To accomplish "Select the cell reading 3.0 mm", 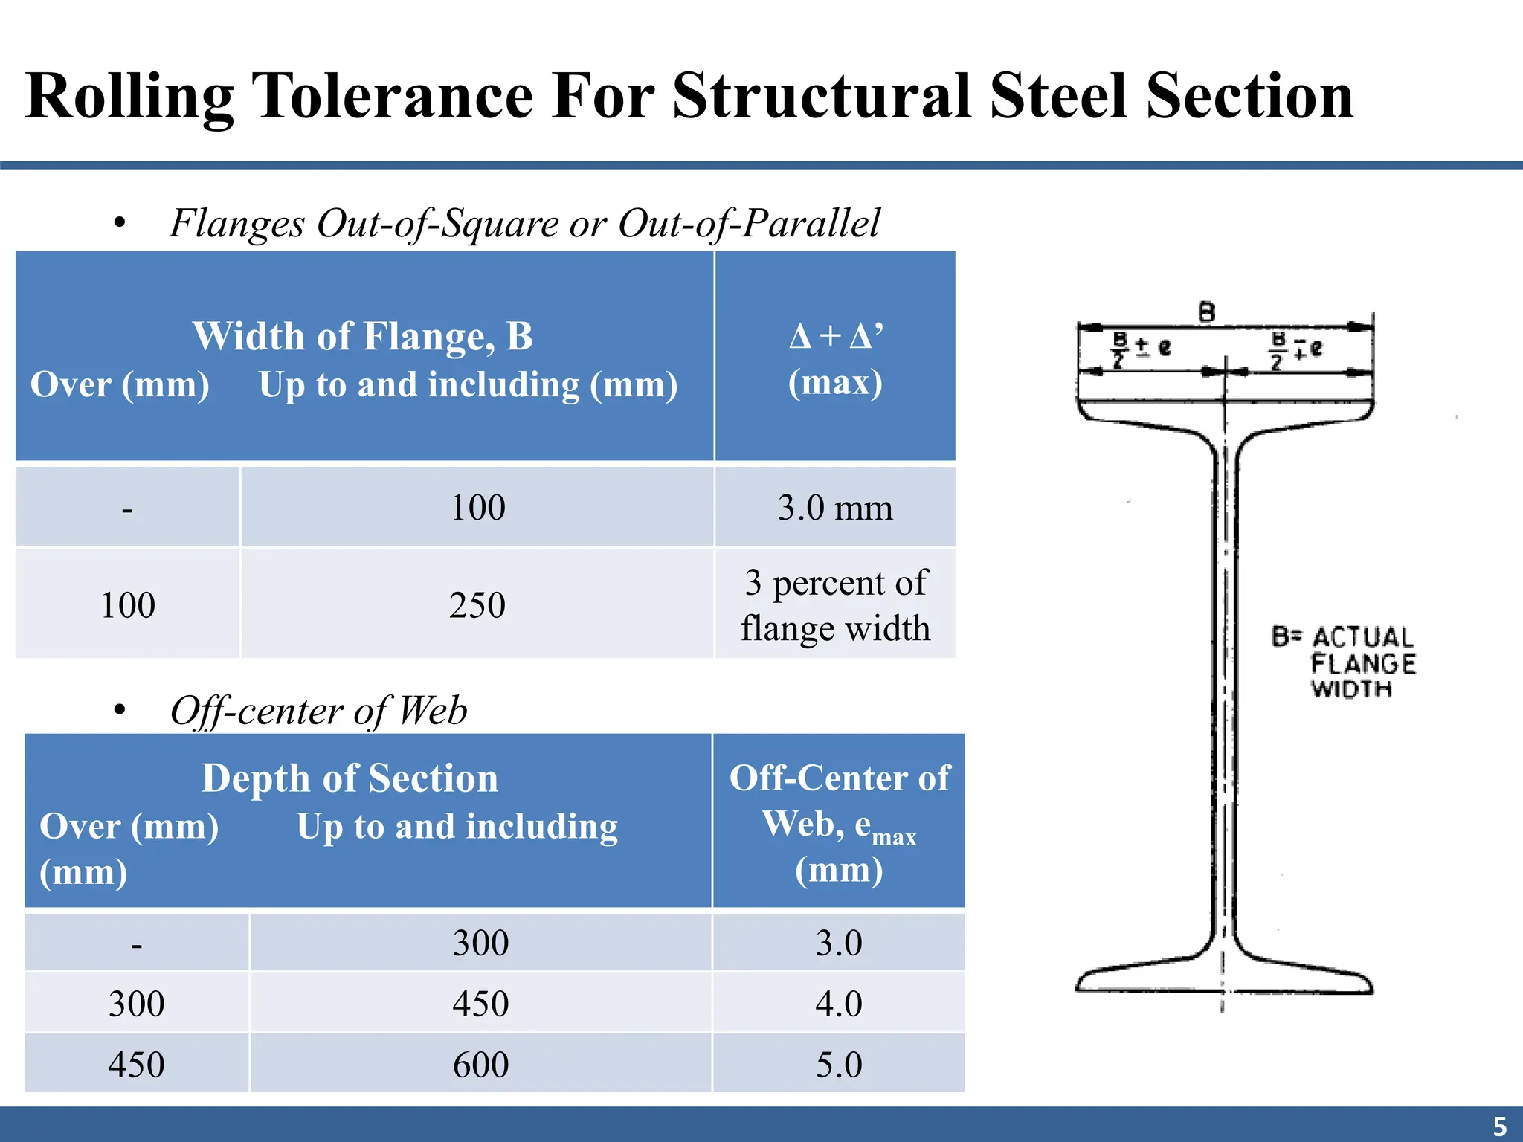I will point(835,508).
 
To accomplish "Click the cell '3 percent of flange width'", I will point(835,604).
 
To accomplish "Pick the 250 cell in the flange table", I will point(477,604).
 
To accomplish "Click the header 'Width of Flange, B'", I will point(363,336).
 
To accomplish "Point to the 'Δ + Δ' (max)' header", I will point(835,358).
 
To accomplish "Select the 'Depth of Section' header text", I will point(350,778).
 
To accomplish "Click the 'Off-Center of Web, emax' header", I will point(839,822).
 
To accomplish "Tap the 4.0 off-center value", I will point(839,1004).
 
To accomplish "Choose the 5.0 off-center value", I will point(839,1065).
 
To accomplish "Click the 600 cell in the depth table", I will point(480,1065).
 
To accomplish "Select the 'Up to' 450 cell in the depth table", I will point(480,1004).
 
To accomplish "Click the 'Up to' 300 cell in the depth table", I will point(480,943).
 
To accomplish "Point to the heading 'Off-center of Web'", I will point(318,711).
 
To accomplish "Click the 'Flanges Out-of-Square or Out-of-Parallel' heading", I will point(524,223).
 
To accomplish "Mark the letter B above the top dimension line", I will point(1207,312).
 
